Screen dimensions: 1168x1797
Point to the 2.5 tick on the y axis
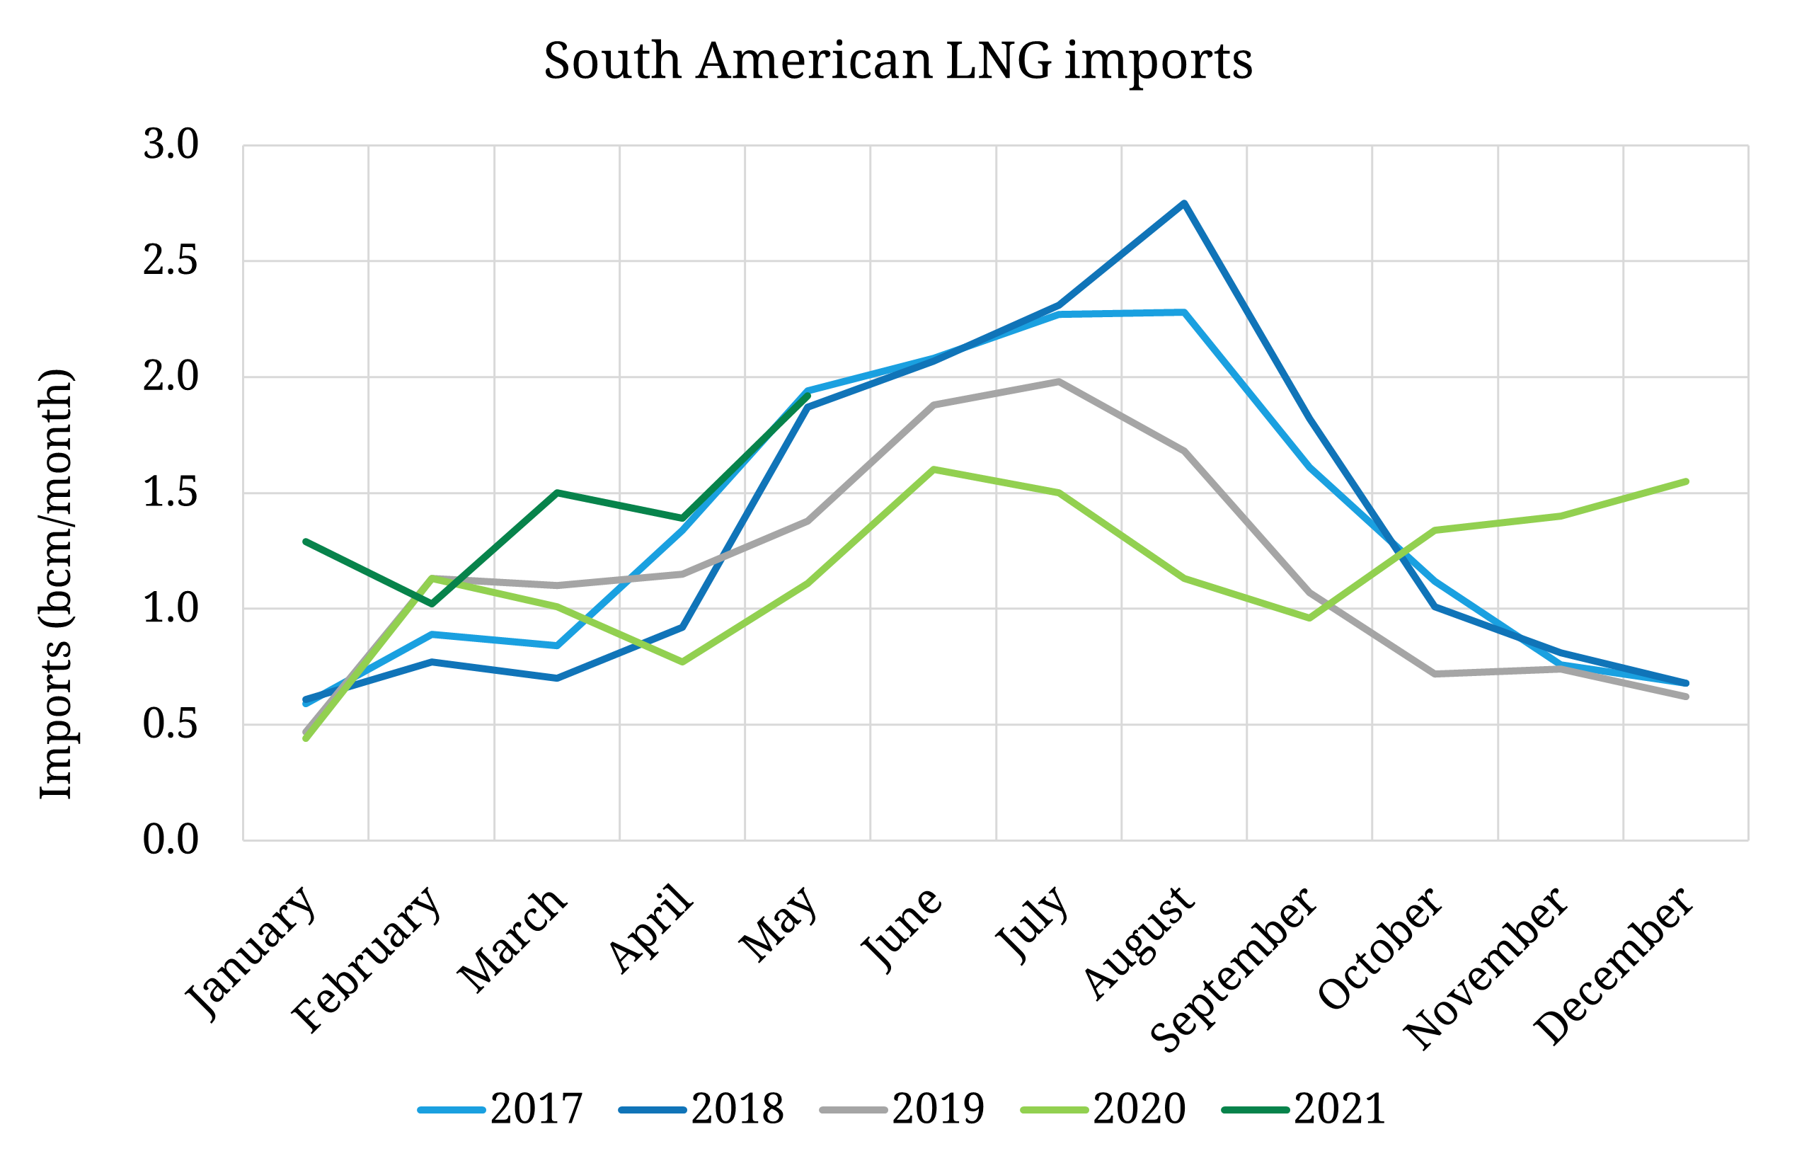pyautogui.click(x=171, y=260)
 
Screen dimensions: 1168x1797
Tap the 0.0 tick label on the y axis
pyautogui.click(x=171, y=840)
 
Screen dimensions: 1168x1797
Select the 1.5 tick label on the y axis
pyautogui.click(x=171, y=492)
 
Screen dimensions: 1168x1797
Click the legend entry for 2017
pyautogui.click(x=501, y=1109)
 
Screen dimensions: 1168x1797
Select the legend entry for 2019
pyautogui.click(x=903, y=1109)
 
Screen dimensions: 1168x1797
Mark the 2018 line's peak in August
pyautogui.click(x=1185, y=203)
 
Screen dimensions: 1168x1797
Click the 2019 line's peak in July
pyautogui.click(x=1060, y=382)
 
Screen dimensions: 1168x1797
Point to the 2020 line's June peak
pyautogui.click(x=934, y=469)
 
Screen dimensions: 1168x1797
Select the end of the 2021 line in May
pyautogui.click(x=808, y=395)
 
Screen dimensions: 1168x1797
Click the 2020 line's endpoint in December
pyautogui.click(x=1686, y=481)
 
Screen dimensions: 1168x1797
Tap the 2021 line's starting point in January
pyautogui.click(x=306, y=542)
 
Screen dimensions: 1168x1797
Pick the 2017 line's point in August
pyautogui.click(x=1185, y=311)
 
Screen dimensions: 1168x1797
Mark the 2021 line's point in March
pyautogui.click(x=556, y=492)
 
